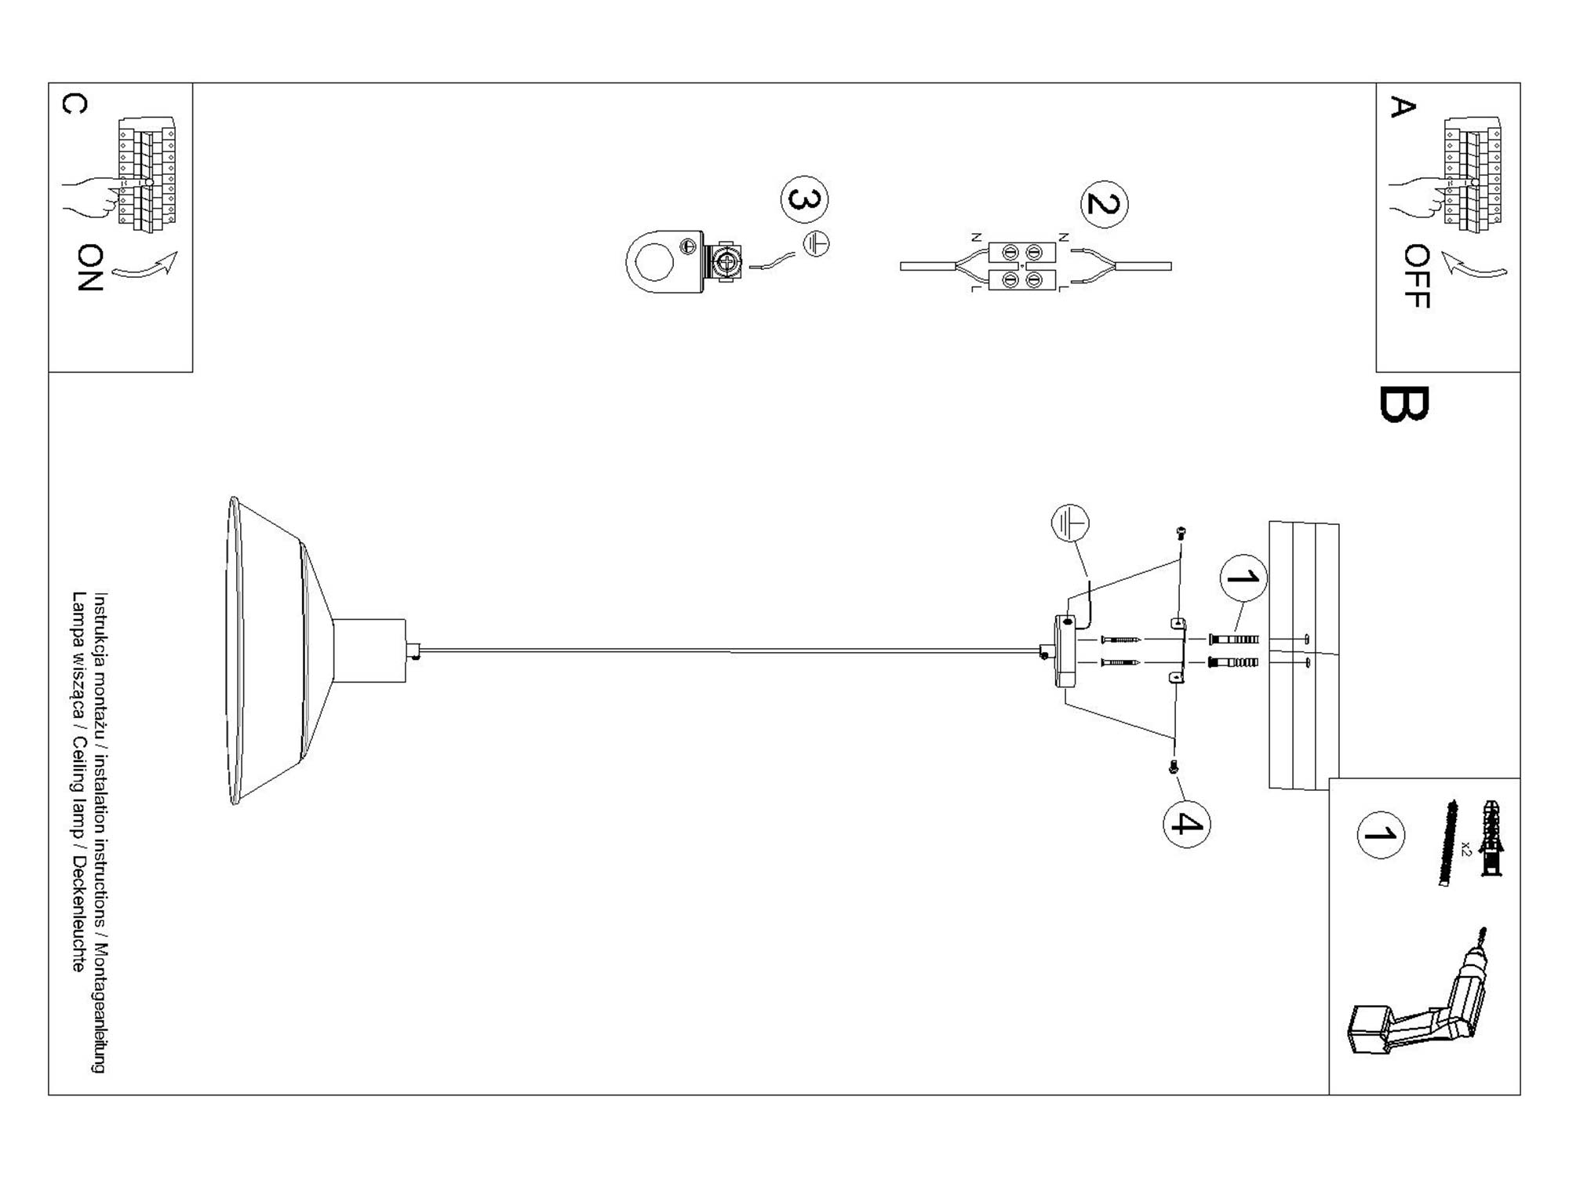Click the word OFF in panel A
tap(1417, 276)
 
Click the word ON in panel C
tap(90, 268)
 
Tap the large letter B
tap(1403, 404)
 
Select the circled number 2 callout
tap(1104, 204)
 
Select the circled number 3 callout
tap(804, 199)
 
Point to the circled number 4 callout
tap(1186, 824)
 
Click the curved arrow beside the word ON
tap(146, 267)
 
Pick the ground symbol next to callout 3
tap(816, 244)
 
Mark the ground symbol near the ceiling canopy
tap(1070, 523)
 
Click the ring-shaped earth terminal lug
tap(663, 261)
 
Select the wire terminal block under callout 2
tap(1022, 266)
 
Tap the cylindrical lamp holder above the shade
tap(369, 650)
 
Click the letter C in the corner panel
tap(74, 104)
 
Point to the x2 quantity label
tap(1465, 847)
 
